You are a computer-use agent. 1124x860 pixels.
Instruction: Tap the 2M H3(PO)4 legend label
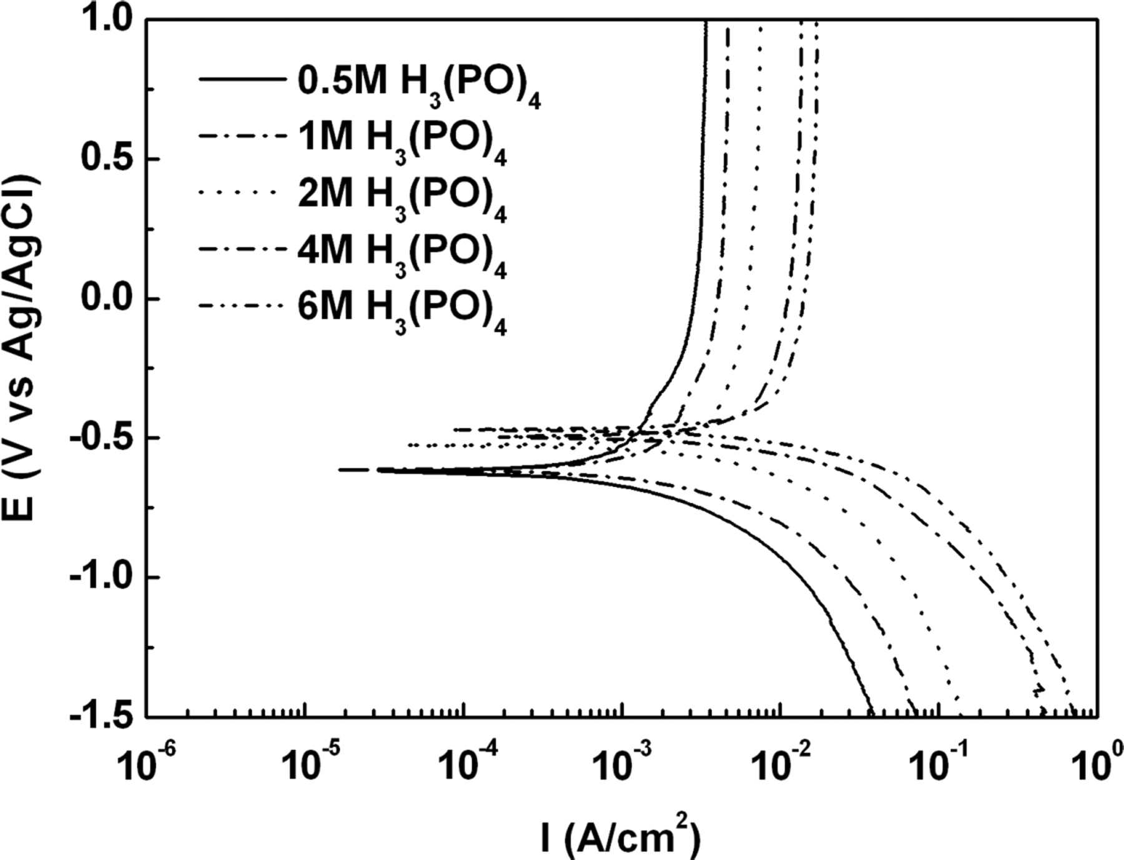(402, 197)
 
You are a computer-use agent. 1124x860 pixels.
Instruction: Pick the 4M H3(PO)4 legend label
(402, 252)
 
